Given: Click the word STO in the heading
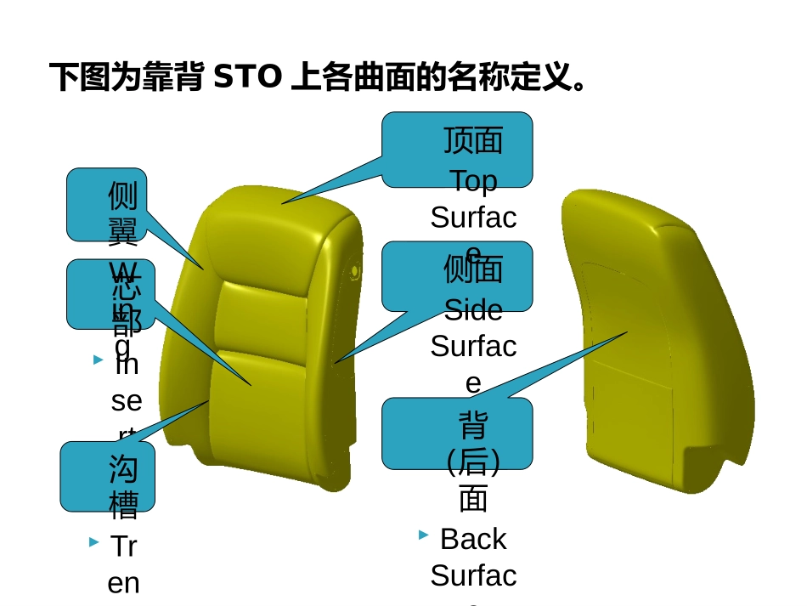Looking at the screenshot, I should tap(246, 77).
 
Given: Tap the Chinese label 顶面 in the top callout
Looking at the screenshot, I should tap(473, 140).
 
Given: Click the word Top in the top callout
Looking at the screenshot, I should tap(473, 180).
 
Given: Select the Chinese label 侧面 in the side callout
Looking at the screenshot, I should tap(473, 269).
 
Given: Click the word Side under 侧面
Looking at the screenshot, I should tap(473, 310).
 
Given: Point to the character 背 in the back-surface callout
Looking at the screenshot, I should tap(473, 424).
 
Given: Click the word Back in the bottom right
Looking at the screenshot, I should tap(473, 539).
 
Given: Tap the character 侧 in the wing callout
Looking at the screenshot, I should tap(122, 195).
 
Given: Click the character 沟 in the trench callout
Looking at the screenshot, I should tap(123, 468).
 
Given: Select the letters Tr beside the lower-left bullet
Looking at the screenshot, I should tap(124, 547).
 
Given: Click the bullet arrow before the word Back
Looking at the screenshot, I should tap(423, 535).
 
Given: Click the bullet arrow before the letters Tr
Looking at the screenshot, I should tap(93, 541).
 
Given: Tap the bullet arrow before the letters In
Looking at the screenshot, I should tap(98, 360).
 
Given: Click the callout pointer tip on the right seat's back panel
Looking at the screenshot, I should tap(626, 333).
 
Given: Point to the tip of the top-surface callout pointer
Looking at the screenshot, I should tap(283, 203).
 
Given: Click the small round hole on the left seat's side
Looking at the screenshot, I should tap(355, 271).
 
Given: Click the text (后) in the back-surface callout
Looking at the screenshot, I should tap(473, 462).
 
